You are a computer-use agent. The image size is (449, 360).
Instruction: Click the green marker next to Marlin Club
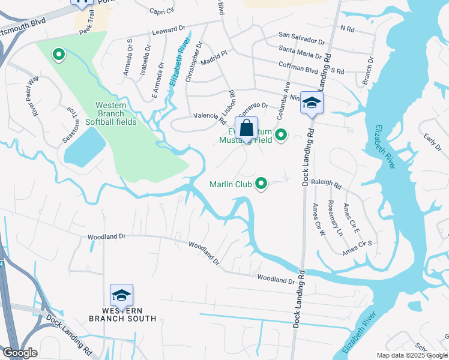point(261,184)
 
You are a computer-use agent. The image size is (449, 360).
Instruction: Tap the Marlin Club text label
point(231,184)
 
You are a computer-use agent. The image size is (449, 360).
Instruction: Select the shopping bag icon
point(246,128)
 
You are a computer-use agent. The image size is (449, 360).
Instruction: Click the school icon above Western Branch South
point(121,296)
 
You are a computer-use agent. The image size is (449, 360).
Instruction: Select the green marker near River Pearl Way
point(59,55)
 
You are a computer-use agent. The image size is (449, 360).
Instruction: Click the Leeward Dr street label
point(169,29)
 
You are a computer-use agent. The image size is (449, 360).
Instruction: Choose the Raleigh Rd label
point(327,186)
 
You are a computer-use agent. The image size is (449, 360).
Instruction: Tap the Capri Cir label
point(161,10)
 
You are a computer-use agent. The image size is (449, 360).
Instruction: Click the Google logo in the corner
point(20,353)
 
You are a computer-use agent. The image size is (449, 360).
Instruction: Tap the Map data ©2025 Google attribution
point(412,355)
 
